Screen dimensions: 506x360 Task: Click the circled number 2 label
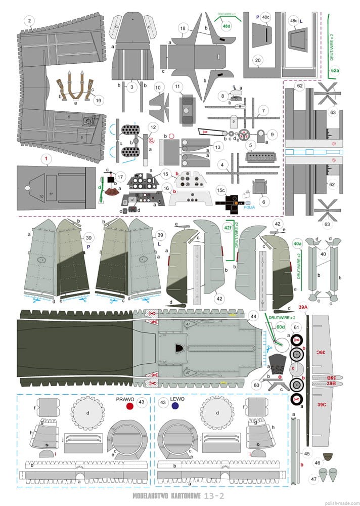pyautogui.click(x=30, y=21)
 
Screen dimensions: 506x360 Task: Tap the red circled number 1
pyautogui.click(x=46, y=159)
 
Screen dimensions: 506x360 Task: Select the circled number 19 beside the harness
pyautogui.click(x=98, y=100)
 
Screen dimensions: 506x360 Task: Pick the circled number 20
pyautogui.click(x=258, y=60)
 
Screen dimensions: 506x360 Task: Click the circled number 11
pyautogui.click(x=177, y=87)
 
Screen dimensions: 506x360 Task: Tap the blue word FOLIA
pyautogui.click(x=249, y=206)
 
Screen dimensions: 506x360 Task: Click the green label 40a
pyautogui.click(x=297, y=243)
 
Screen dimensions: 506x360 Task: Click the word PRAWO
pyautogui.click(x=125, y=399)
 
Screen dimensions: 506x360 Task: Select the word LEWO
pyautogui.click(x=177, y=399)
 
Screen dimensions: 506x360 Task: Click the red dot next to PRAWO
pyautogui.click(x=129, y=406)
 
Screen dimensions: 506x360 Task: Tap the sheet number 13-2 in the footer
pyautogui.click(x=212, y=496)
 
